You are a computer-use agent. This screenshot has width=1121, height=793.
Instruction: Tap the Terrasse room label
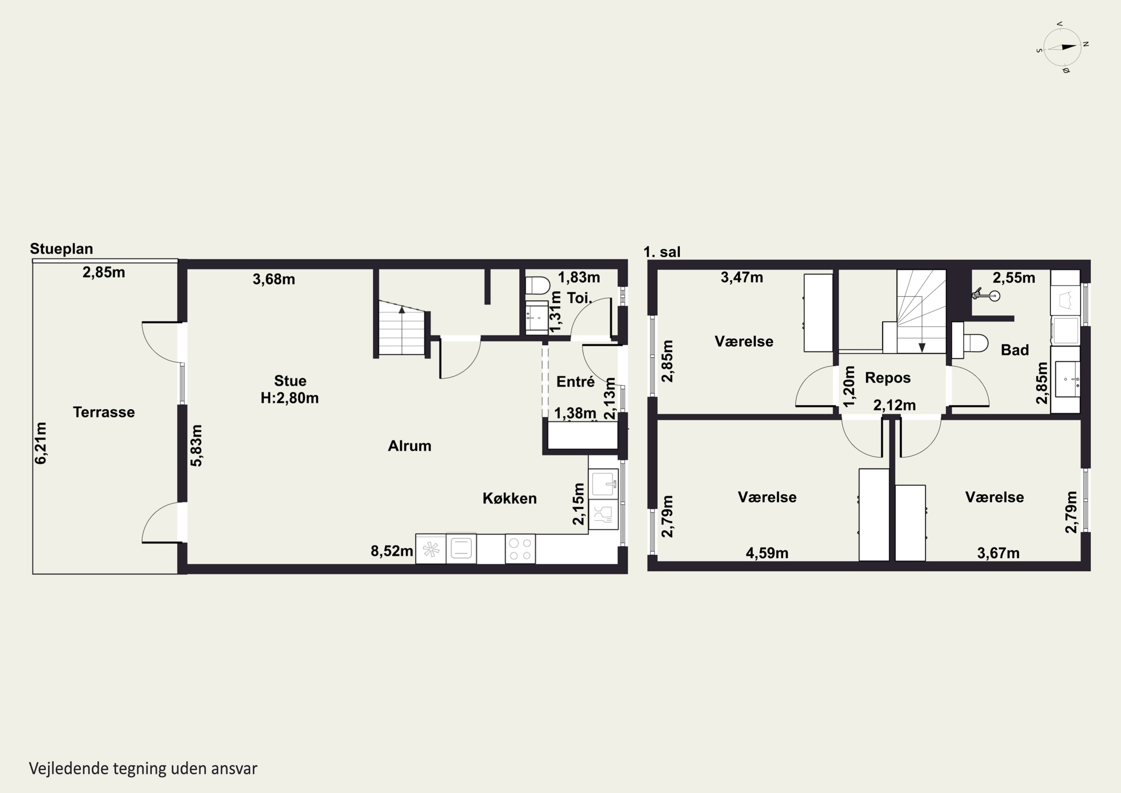104,412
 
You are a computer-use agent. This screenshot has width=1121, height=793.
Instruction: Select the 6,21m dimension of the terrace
41,443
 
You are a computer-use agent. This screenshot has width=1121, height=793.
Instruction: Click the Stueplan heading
62,249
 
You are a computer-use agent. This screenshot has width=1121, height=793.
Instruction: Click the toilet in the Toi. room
538,285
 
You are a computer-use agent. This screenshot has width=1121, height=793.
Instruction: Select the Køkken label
510,498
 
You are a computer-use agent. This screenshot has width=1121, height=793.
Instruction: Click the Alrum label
410,446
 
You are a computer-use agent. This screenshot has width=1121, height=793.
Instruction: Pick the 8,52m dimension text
392,551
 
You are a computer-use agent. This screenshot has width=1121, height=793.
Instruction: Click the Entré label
576,382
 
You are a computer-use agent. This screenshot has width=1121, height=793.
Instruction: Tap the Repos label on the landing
887,378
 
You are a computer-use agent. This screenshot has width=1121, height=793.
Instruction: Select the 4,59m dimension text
767,553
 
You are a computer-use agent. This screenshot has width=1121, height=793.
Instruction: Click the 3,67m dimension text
998,553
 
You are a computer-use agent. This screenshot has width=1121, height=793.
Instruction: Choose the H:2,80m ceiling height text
290,398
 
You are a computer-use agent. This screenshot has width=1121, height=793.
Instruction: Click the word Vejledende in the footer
69,769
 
